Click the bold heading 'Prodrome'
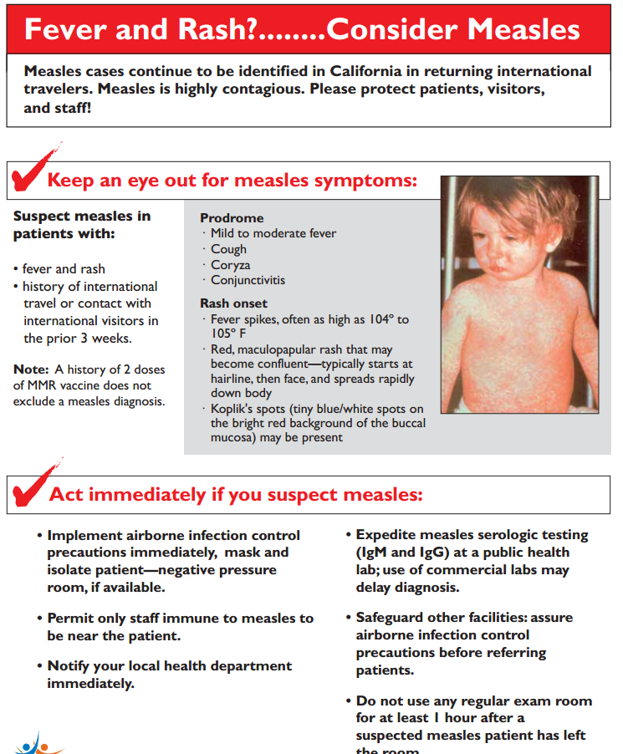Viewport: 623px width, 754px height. point(232,218)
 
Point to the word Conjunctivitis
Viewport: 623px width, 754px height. point(248,280)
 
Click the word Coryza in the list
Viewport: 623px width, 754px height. point(230,264)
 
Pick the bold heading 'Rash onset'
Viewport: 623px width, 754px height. point(234,303)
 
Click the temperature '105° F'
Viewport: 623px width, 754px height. point(231,334)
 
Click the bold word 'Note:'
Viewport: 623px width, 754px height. point(31,369)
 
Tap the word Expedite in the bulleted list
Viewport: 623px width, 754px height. point(388,534)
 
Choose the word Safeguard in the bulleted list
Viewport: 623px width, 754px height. point(393,617)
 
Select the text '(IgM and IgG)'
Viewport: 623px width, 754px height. point(405,552)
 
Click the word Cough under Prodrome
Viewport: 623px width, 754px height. point(228,249)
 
